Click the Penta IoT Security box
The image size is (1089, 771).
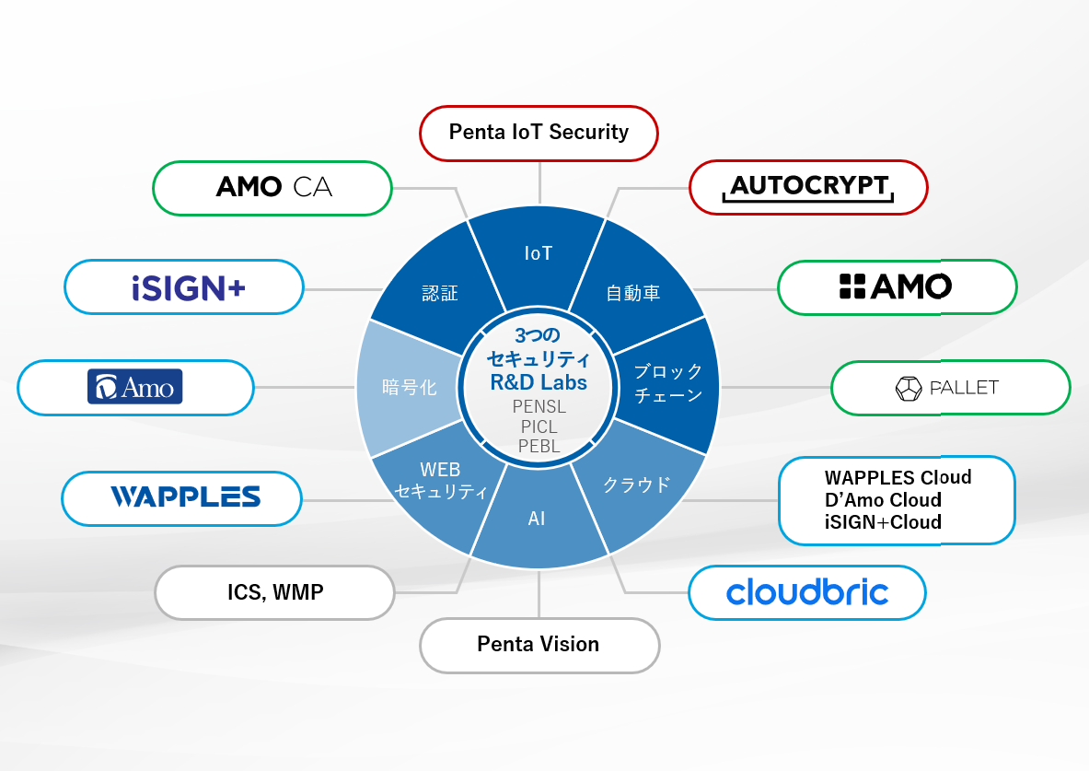coord(539,133)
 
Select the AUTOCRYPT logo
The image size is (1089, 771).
coord(808,187)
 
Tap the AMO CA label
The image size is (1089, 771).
coord(273,188)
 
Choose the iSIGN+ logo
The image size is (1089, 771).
coord(188,288)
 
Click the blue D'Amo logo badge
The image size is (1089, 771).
coord(135,387)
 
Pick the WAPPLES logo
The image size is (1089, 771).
coord(185,497)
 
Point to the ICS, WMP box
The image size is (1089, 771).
coord(275,592)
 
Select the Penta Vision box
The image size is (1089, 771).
coord(539,645)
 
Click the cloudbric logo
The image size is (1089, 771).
coord(807,591)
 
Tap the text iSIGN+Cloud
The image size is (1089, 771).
coord(883,522)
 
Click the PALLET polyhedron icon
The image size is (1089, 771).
coord(909,388)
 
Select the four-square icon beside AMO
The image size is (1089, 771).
coord(852,287)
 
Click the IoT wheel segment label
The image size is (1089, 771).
coord(539,252)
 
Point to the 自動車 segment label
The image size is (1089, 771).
coord(633,294)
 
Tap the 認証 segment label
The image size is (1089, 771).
coord(440,294)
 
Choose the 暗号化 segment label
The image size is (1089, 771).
coord(410,387)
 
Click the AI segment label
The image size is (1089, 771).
coord(537,520)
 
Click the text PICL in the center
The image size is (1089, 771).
coord(539,426)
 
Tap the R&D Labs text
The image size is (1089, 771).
coord(539,382)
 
